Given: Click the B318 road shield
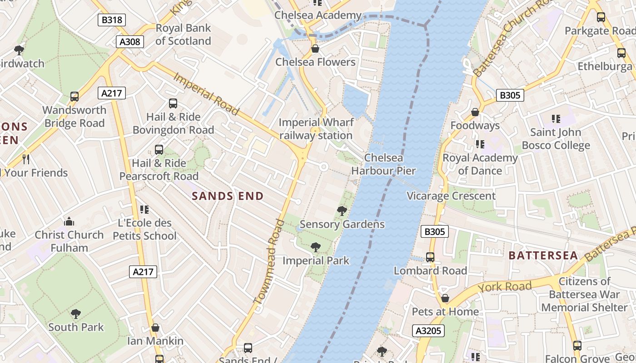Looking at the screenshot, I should pyautogui.click(x=111, y=20).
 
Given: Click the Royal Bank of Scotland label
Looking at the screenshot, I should pyautogui.click(x=183, y=34).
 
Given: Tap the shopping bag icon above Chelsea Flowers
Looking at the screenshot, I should pyautogui.click(x=315, y=49).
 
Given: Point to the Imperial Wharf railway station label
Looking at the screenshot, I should pyautogui.click(x=316, y=129).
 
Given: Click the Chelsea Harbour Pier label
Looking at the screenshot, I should pyautogui.click(x=383, y=164).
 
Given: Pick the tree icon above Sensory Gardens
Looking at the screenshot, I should pyautogui.click(x=342, y=211).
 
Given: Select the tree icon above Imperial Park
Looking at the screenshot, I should pyautogui.click(x=316, y=247).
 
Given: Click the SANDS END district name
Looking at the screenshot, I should pyautogui.click(x=228, y=196).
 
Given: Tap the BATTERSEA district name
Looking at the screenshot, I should pyautogui.click(x=543, y=255).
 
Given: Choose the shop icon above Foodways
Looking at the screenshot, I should pyautogui.click(x=475, y=112).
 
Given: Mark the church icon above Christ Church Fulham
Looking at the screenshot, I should pyautogui.click(x=69, y=221).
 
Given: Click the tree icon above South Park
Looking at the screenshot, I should pyautogui.click(x=76, y=314).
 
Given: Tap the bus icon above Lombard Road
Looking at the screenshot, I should pyautogui.click(x=430, y=257).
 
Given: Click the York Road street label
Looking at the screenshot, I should pyautogui.click(x=504, y=287).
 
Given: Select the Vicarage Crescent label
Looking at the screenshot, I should pyautogui.click(x=451, y=196).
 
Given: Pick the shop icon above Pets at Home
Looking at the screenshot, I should pyautogui.click(x=445, y=298).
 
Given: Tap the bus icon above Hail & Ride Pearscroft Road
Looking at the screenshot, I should pyautogui.click(x=159, y=150).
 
